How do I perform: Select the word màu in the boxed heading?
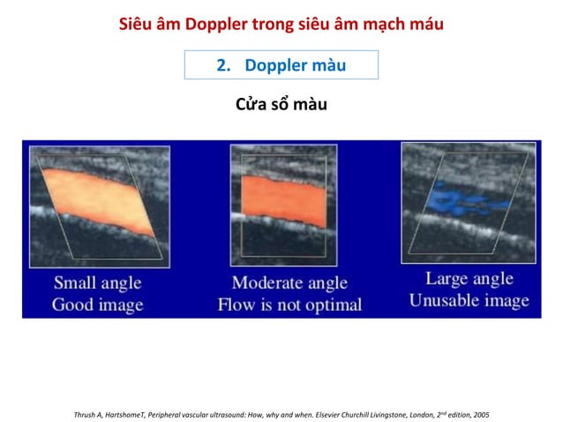point(329,66)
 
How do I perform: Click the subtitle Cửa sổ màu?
point(281,106)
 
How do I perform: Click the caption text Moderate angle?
point(289,284)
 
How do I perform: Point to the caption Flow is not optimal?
point(289,305)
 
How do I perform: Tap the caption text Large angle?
point(468,279)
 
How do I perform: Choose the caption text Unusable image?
point(468,300)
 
